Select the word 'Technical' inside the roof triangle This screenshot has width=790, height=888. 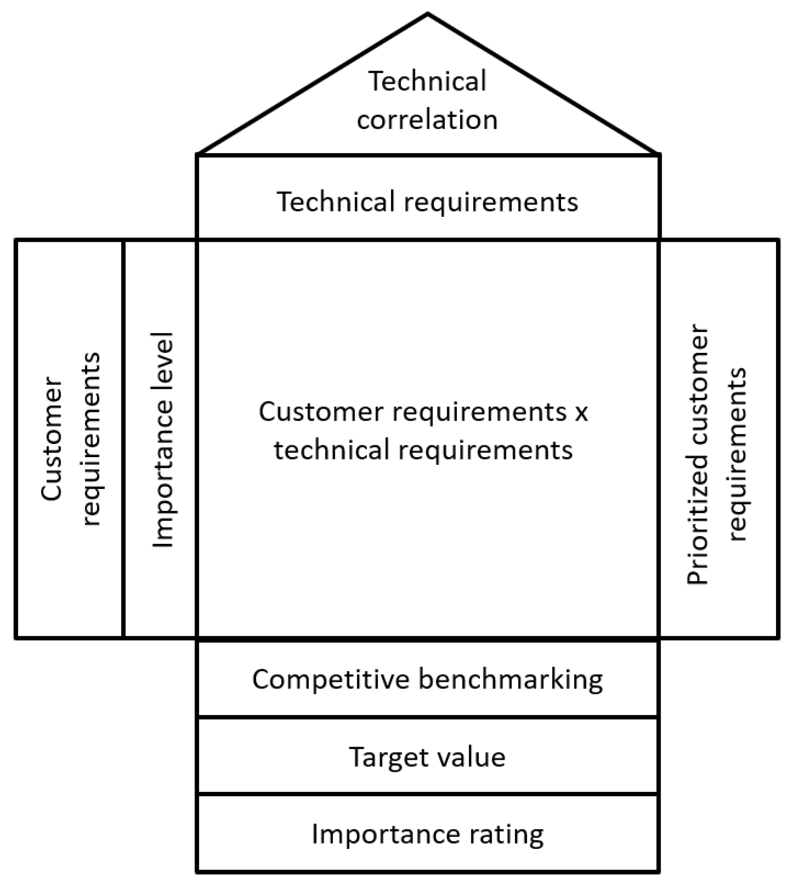[x=427, y=82]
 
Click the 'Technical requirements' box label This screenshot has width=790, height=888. [x=427, y=202]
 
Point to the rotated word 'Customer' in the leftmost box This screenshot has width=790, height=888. [x=52, y=439]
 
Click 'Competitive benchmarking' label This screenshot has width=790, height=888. [x=427, y=679]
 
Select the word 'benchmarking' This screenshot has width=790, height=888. [x=511, y=679]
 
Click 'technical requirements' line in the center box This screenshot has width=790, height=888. [x=423, y=450]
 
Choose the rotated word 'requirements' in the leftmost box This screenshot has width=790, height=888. [x=91, y=439]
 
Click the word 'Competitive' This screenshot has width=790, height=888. [x=331, y=679]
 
